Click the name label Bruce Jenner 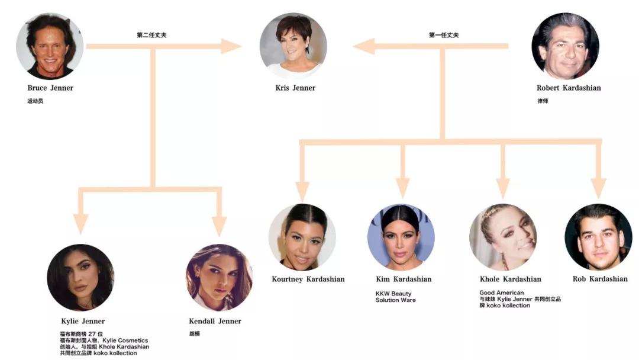(x=50, y=88)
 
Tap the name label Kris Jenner (x=295, y=88)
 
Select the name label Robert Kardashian (x=569, y=88)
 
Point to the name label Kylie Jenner (x=83, y=322)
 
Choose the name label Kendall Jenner (x=215, y=322)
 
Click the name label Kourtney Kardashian (x=308, y=279)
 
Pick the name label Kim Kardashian (x=404, y=279)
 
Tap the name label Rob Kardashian (x=600, y=279)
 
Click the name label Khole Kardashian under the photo (x=510, y=279)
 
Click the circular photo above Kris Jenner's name (x=293, y=46)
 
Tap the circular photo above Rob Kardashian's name (x=598, y=237)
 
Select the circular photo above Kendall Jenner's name (x=219, y=278)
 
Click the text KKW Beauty (x=393, y=294)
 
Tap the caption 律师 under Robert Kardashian (x=543, y=101)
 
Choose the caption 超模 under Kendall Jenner (x=194, y=334)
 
